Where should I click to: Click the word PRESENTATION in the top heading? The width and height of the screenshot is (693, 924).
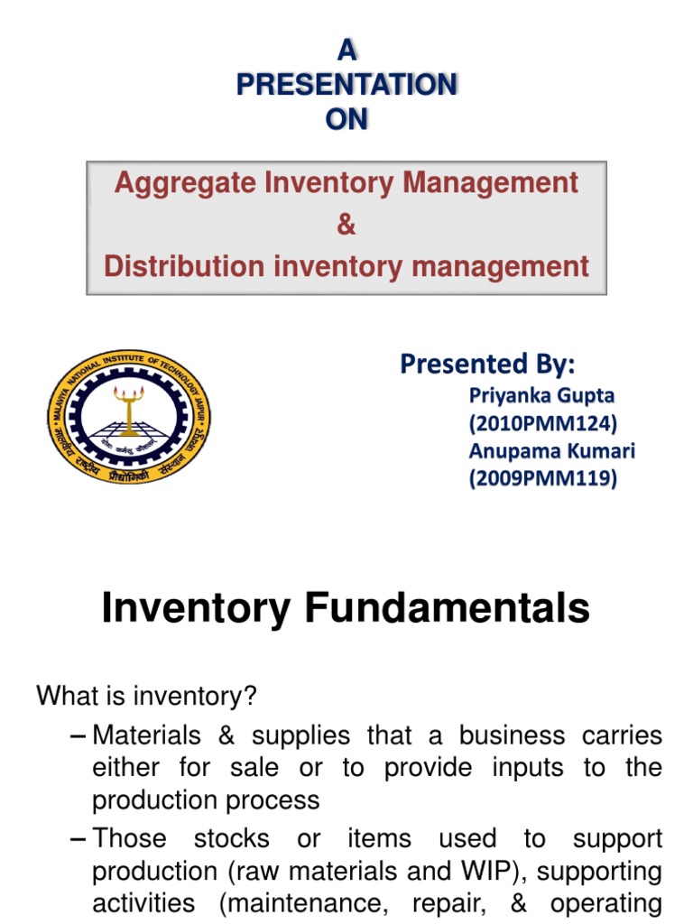point(346,85)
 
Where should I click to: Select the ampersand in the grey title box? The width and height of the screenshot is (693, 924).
point(346,225)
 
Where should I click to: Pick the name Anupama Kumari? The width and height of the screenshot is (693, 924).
point(550,450)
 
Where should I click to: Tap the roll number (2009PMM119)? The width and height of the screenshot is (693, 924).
point(543,478)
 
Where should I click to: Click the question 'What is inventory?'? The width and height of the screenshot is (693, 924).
point(147,696)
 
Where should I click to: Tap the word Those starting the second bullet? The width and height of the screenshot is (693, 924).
point(130,838)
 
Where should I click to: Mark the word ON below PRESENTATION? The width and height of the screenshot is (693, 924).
point(346,119)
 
